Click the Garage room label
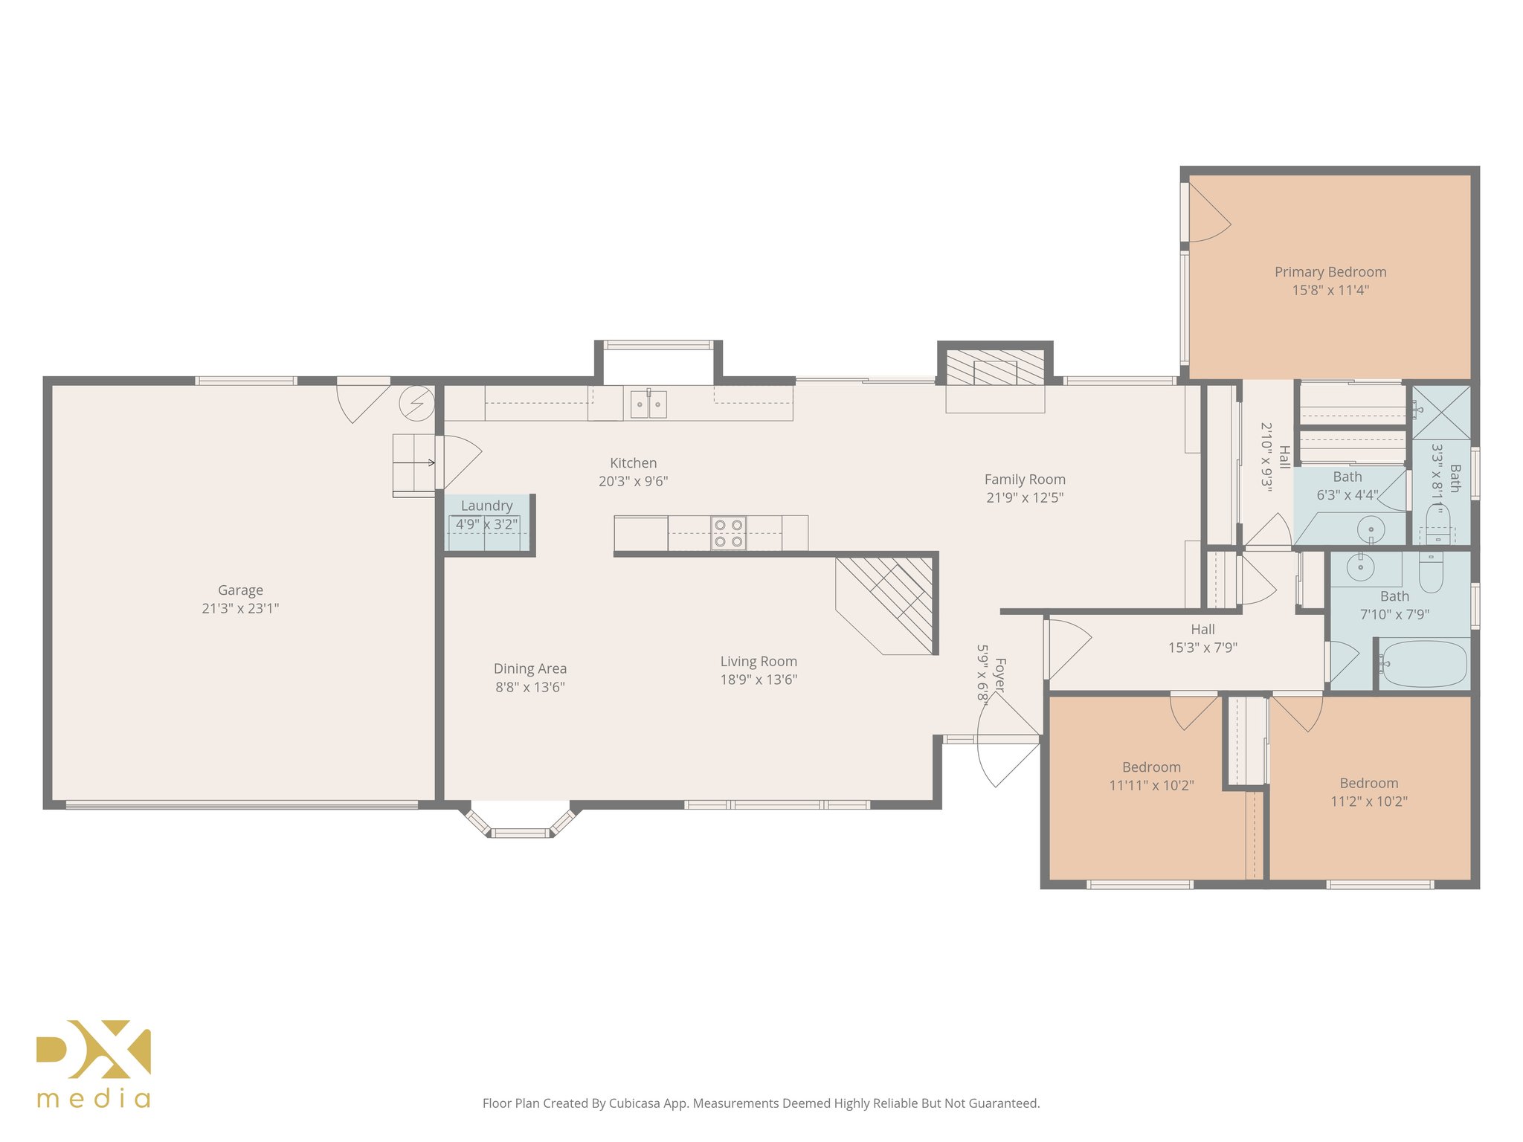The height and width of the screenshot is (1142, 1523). coord(240,590)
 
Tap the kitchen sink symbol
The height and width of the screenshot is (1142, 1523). coord(648,404)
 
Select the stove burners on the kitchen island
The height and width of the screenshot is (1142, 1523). coord(728,533)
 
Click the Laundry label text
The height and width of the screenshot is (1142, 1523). coord(486,506)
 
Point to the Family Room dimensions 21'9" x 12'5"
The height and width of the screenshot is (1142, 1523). coord(1025,498)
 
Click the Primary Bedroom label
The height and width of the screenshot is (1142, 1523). coord(1330,272)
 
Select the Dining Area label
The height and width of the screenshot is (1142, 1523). coord(529,669)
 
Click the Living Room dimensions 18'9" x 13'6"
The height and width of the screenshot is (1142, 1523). coord(758,680)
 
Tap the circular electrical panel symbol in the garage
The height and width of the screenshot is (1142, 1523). coord(416,403)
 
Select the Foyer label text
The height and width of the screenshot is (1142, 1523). coord(1000,675)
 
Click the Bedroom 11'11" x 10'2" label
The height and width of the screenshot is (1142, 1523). coord(1150,767)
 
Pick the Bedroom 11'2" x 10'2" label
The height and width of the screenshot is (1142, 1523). coord(1368,784)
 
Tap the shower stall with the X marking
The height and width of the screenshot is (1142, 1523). coord(1440,413)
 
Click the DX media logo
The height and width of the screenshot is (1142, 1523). coord(94,1063)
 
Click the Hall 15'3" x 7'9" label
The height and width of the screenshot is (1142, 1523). coord(1202,630)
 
